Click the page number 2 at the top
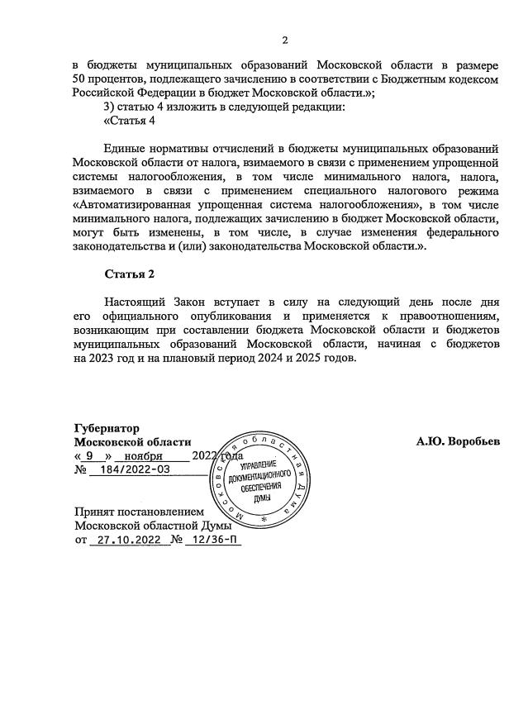pyautogui.click(x=284, y=40)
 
